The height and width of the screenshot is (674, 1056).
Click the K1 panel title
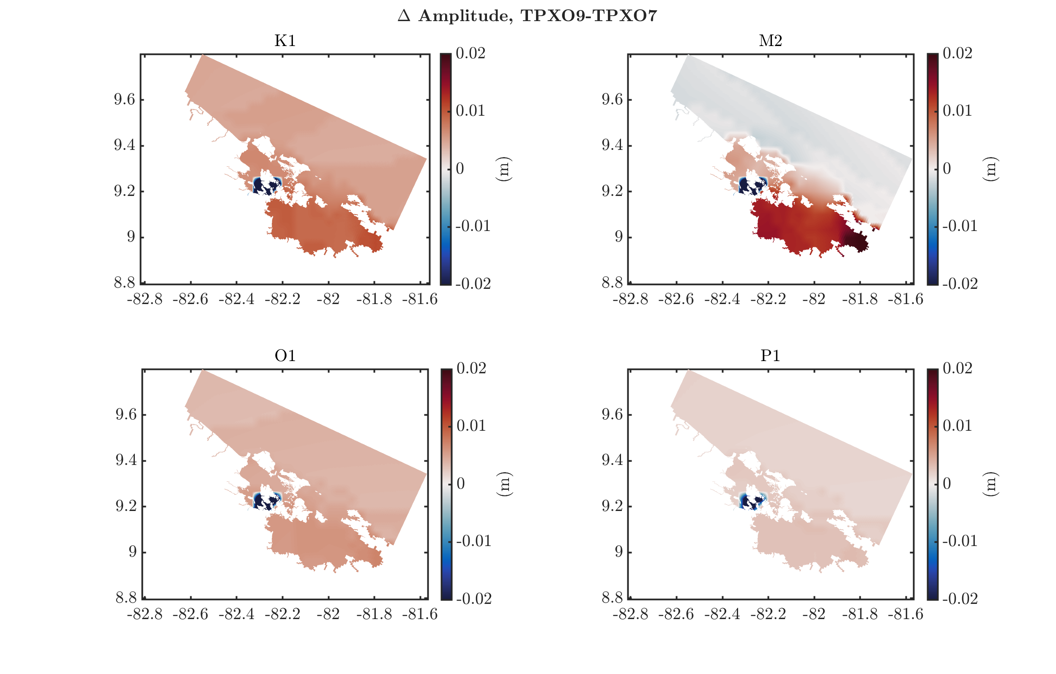click(x=285, y=41)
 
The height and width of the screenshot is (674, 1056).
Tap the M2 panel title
click(x=771, y=41)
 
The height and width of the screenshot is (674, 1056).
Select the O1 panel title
click(x=285, y=356)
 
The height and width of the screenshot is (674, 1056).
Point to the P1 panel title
click(x=771, y=356)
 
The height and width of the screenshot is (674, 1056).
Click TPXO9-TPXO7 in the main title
click(x=588, y=16)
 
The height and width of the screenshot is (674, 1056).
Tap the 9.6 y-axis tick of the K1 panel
click(x=125, y=100)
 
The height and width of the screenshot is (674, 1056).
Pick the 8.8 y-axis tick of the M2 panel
click(x=612, y=283)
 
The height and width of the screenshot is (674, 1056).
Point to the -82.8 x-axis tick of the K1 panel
click(x=145, y=299)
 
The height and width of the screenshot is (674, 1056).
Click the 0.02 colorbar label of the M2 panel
click(x=958, y=54)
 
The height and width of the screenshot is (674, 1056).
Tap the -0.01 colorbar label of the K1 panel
click(x=473, y=226)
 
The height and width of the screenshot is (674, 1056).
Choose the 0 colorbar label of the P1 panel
click(x=947, y=484)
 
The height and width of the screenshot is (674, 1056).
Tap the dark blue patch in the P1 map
click(x=751, y=500)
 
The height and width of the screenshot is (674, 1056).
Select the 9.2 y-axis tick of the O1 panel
click(x=126, y=506)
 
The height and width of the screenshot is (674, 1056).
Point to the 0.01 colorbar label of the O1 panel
click(x=471, y=426)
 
